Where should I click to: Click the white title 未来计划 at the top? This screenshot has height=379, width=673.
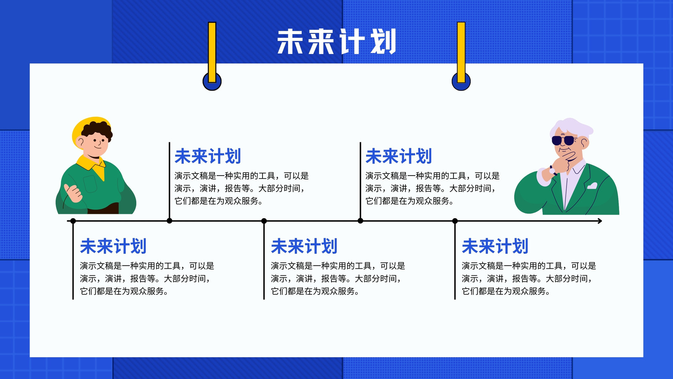(336, 42)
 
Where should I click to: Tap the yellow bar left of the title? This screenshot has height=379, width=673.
(212, 52)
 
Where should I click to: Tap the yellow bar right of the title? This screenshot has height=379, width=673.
(461, 52)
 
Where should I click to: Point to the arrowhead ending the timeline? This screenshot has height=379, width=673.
(600, 221)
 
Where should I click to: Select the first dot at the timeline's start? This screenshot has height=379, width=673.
(73, 221)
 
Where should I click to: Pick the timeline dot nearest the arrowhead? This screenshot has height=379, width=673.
(455, 221)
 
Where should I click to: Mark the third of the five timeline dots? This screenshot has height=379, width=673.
(264, 221)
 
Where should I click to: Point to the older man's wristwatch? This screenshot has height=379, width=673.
(553, 171)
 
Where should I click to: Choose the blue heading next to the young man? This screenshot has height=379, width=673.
(208, 156)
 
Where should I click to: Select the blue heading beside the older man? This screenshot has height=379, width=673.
(399, 156)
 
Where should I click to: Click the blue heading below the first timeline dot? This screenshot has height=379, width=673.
(113, 246)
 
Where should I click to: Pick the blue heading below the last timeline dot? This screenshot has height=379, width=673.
(495, 246)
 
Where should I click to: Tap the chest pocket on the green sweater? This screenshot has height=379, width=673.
(90, 184)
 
